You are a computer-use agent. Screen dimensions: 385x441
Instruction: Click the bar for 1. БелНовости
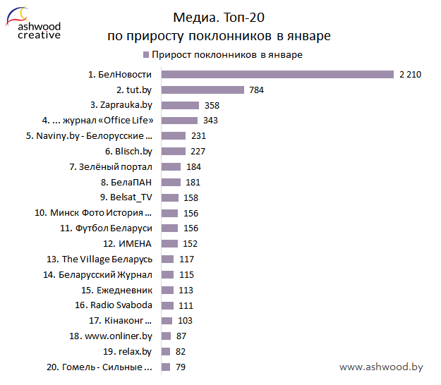(277, 74)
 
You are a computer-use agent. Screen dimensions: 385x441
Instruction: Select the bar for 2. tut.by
(203, 90)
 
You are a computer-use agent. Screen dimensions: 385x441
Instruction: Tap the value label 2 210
(410, 74)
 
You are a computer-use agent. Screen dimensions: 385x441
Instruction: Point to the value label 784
(255, 90)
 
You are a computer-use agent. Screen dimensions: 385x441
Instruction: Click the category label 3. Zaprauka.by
(121, 105)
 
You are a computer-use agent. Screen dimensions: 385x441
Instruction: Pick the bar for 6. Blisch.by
(174, 152)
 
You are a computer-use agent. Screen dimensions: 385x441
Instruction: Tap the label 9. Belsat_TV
(126, 197)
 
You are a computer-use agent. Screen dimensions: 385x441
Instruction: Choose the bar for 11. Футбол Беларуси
(169, 228)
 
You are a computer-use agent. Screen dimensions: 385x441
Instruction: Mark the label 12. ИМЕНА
(128, 244)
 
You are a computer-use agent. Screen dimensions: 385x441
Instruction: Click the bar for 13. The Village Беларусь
(167, 259)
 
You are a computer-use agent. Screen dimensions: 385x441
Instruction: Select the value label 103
(185, 321)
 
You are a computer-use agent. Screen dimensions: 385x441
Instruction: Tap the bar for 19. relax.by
(166, 352)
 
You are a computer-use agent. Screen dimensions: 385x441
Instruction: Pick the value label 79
(179, 367)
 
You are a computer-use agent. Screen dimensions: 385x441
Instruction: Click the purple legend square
(145, 54)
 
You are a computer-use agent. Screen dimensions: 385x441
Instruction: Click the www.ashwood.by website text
(381, 367)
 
